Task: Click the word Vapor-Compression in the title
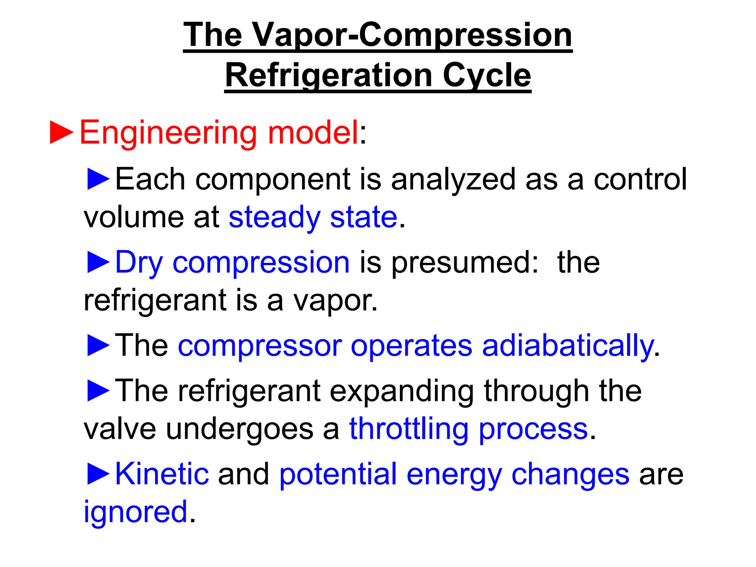412,35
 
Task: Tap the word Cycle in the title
487,76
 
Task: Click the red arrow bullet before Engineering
62,132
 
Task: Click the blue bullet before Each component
98,179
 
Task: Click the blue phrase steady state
313,218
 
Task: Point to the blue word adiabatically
568,346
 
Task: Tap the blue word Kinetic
162,474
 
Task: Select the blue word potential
338,475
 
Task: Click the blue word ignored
135,512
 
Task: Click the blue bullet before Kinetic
98,474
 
